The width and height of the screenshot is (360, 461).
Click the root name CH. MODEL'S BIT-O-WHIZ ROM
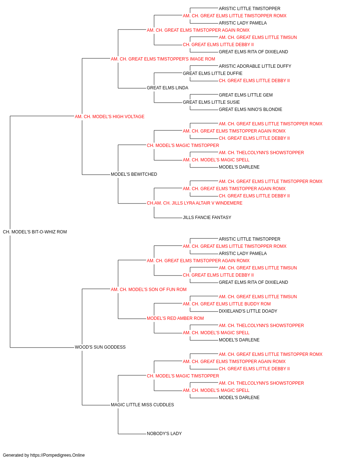pyautogui.click(x=35, y=232)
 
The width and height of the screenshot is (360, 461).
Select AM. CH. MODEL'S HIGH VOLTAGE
pyautogui.click(x=109, y=117)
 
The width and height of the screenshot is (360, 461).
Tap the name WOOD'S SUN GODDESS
pyautogui.click(x=100, y=347)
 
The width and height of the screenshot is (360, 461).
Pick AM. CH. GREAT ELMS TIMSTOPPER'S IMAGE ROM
pyautogui.click(x=163, y=59)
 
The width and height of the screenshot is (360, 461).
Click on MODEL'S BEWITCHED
pyautogui.click(x=134, y=174)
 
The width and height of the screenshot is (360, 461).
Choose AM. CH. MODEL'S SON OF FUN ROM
pyautogui.click(x=149, y=289)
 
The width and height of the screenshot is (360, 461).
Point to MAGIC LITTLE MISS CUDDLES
pyautogui.click(x=142, y=405)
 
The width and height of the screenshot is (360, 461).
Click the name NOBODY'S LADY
pyautogui.click(x=164, y=434)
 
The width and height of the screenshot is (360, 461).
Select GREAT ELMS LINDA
pyautogui.click(x=167, y=88)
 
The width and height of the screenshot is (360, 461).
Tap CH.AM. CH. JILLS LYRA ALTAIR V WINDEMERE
pyautogui.click(x=195, y=203)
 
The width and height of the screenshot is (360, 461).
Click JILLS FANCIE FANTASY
pyautogui.click(x=207, y=218)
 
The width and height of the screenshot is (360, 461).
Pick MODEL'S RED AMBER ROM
pyautogui.click(x=175, y=318)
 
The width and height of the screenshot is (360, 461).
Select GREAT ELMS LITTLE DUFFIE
pyautogui.click(x=213, y=73)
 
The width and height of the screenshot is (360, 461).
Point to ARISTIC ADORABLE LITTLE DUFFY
pyautogui.click(x=255, y=66)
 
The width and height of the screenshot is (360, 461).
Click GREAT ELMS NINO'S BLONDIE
pyautogui.click(x=251, y=109)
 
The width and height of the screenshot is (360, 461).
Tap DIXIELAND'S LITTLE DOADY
pyautogui.click(x=248, y=311)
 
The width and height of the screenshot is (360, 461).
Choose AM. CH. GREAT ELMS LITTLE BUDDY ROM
pyautogui.click(x=227, y=304)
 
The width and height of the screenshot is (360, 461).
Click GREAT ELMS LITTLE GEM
pyautogui.click(x=246, y=95)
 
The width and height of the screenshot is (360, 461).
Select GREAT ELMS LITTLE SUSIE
pyautogui.click(x=211, y=102)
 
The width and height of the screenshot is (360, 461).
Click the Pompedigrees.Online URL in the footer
pyautogui.click(x=58, y=455)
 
